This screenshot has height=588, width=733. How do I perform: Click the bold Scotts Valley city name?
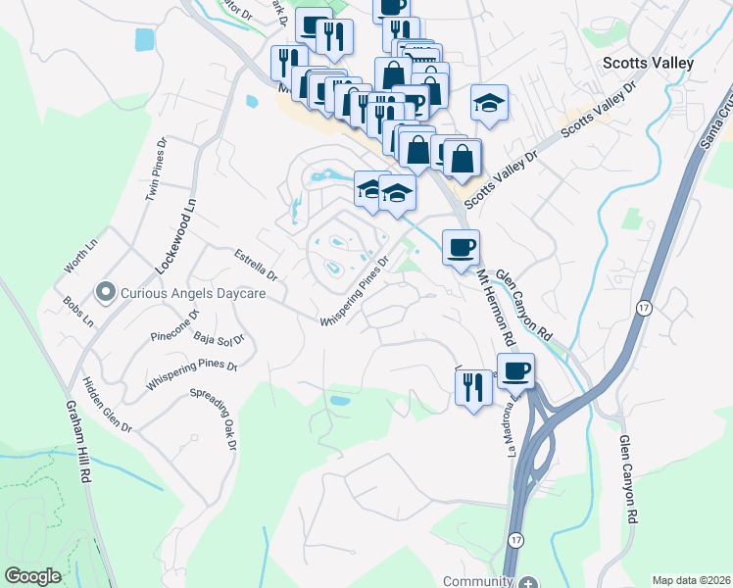647,63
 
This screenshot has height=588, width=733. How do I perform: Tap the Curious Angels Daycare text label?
189,291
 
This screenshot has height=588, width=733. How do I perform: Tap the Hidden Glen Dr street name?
107,404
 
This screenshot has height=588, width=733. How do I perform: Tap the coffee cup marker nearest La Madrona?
515,370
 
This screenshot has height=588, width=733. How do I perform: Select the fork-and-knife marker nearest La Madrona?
471,386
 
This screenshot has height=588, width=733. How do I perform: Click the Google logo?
32,576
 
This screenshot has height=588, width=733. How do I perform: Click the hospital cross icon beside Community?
528,581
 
